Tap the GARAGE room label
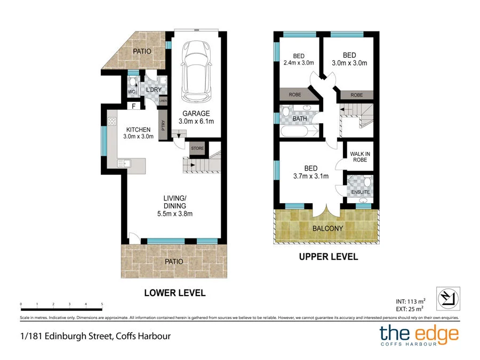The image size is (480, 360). click(x=196, y=114)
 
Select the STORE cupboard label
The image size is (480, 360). click(x=197, y=148)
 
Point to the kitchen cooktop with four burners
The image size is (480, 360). click(x=112, y=122)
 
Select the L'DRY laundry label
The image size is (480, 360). click(x=154, y=90)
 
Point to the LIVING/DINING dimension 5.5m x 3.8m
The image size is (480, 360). click(x=174, y=214)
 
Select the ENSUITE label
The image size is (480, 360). click(x=361, y=192)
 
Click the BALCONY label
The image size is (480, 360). click(x=327, y=229)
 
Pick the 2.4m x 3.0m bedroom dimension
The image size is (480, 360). click(x=299, y=63)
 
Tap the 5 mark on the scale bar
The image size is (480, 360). click(x=101, y=304)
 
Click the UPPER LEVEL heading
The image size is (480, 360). click(x=329, y=257)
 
